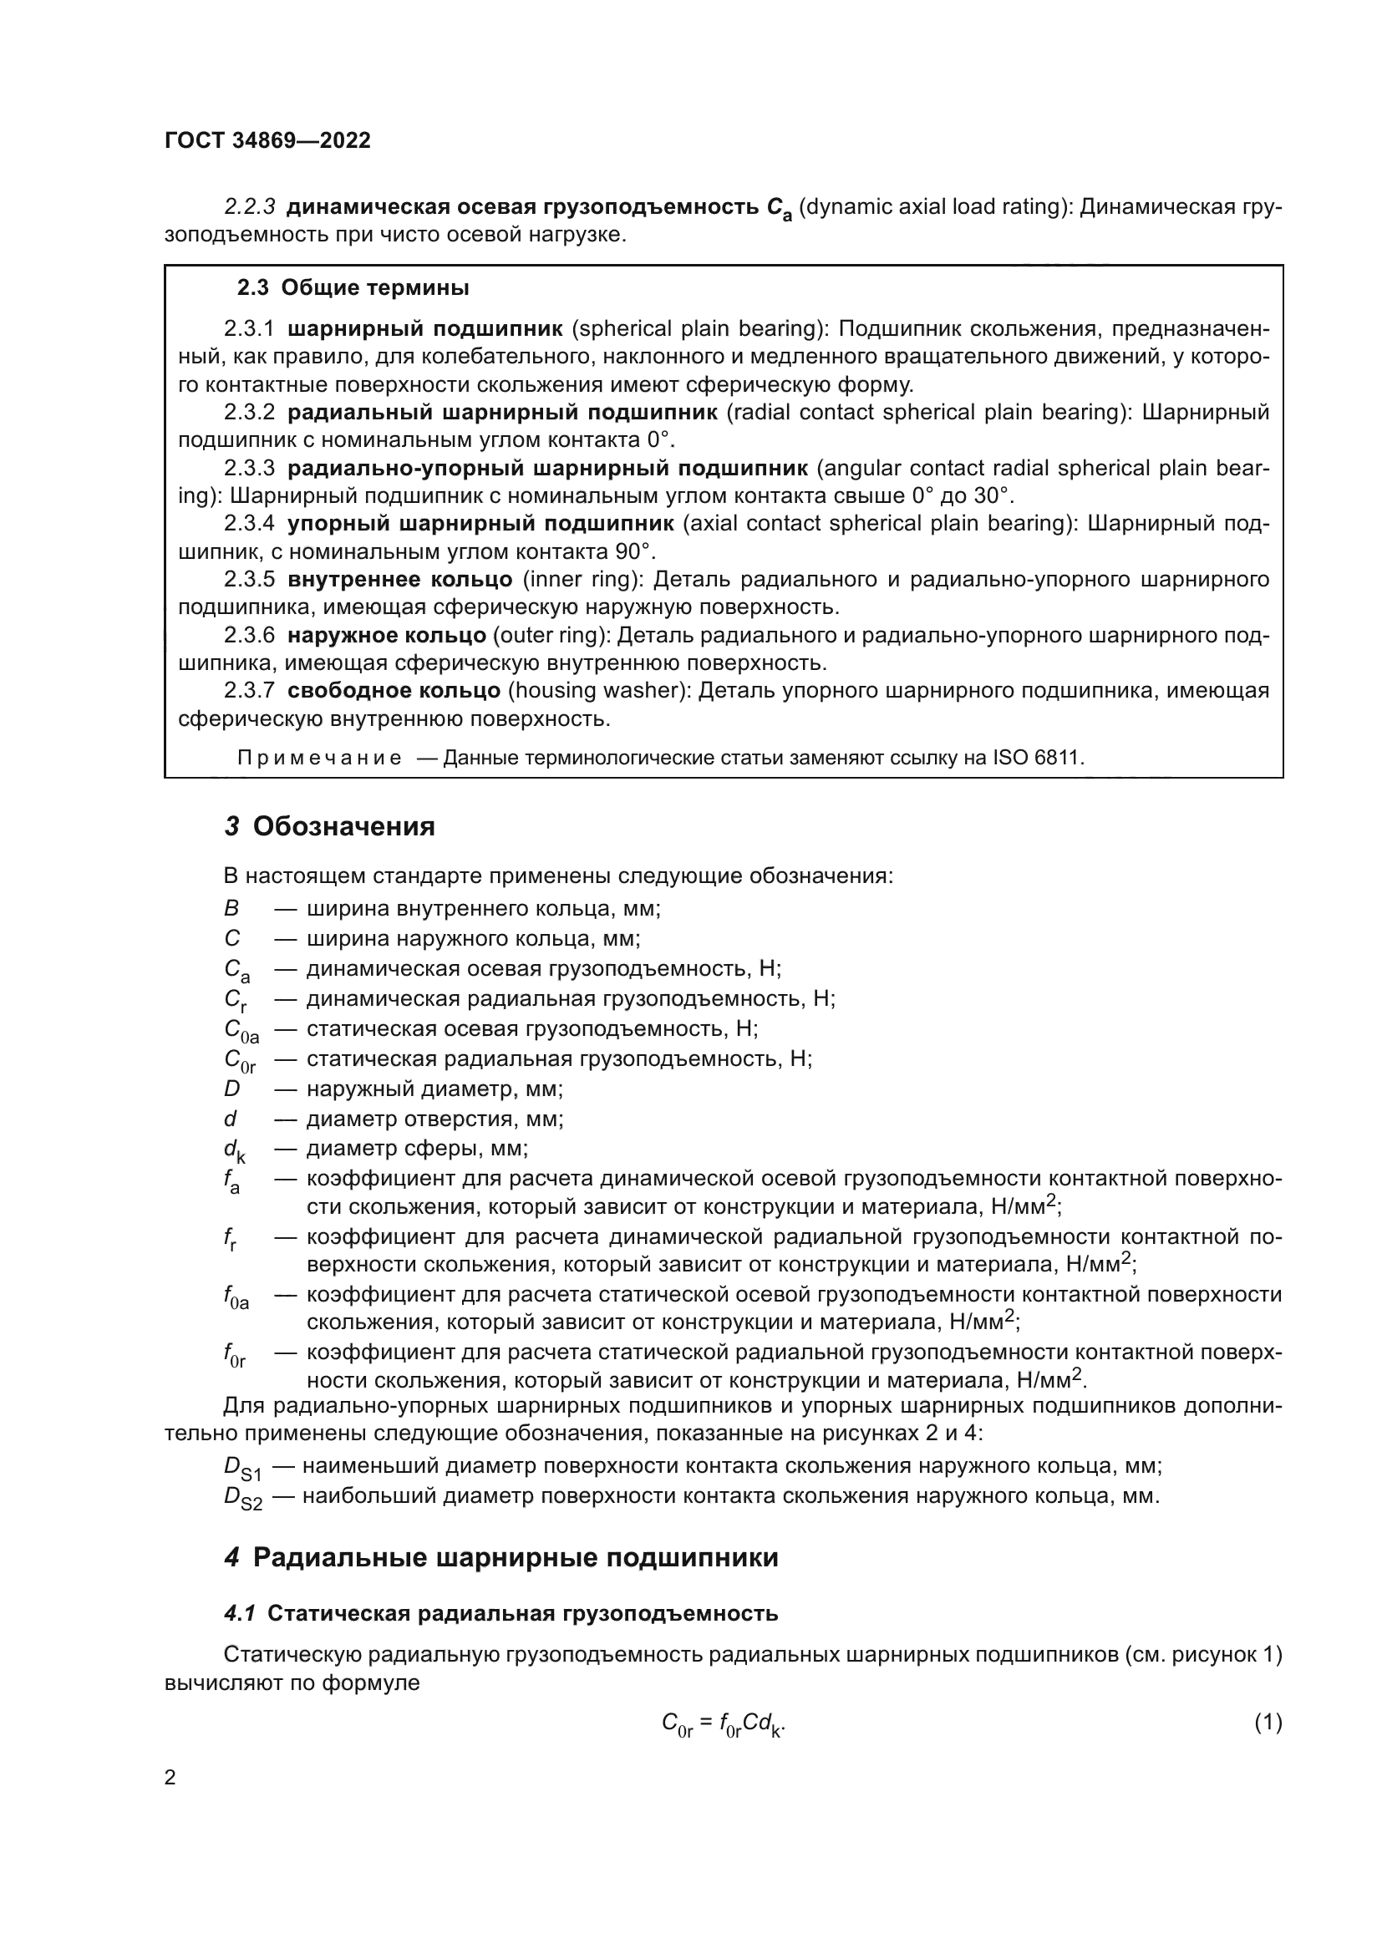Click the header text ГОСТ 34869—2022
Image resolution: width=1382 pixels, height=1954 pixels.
267,140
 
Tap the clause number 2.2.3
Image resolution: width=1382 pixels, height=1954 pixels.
249,207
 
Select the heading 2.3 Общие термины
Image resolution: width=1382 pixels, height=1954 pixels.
353,287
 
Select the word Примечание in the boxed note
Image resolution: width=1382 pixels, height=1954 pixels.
319,758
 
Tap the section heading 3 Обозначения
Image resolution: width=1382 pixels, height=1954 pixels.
329,826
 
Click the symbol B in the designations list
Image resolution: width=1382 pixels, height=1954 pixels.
231,909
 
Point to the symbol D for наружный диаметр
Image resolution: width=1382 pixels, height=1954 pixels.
232,1089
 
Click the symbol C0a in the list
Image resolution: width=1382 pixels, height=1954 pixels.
241,1031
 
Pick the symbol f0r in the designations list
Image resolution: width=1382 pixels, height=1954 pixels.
235,1354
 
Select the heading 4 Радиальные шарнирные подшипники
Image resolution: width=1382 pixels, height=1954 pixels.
501,1557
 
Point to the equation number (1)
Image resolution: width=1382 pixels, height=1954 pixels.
1268,1723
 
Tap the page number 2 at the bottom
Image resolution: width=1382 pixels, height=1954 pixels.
170,1778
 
